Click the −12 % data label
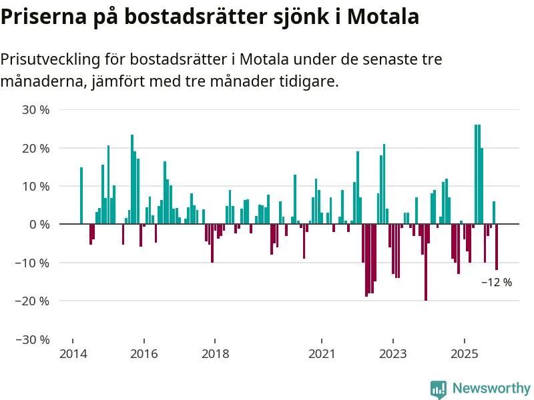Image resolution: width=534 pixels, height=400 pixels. tap(497, 283)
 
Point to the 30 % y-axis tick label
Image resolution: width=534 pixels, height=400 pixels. tap(36, 109)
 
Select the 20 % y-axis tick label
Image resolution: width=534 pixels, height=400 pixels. tap(36, 148)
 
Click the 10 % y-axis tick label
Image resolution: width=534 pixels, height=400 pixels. tap(36, 186)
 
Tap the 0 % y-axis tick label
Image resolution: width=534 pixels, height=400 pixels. tap(39, 225)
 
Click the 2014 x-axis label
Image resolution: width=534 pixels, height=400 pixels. tap(73, 353)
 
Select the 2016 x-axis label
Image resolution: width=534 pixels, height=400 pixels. tap(144, 353)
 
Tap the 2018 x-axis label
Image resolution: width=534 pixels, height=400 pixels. tap(215, 353)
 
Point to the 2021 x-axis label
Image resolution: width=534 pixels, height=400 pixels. tap(321, 353)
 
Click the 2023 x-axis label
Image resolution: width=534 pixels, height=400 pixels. tap(392, 353)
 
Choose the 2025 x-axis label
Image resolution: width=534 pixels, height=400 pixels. tap(463, 353)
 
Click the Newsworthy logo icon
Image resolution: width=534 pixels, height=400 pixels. tap(438, 389)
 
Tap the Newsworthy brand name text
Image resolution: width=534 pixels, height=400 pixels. tap(491, 389)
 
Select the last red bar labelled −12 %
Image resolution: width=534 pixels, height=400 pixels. tap(497, 247)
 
